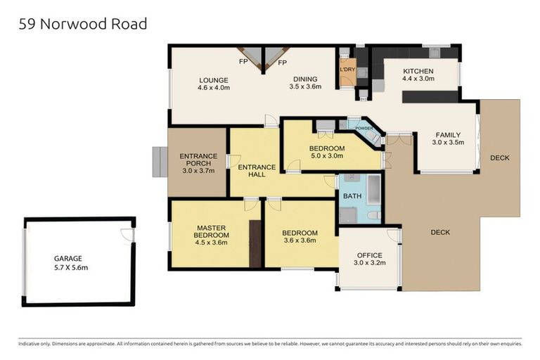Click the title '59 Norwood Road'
(x=83, y=24)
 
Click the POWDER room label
(x=364, y=128)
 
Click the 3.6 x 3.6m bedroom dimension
(x=300, y=240)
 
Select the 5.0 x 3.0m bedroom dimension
(x=327, y=156)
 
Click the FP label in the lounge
(x=243, y=63)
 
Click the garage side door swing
(x=127, y=234)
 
